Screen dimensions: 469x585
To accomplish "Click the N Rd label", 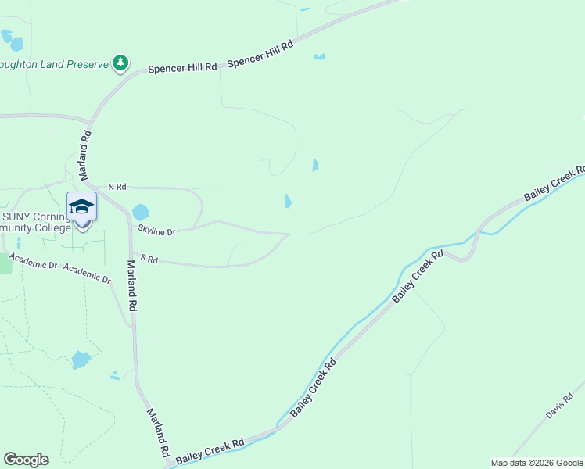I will point(117,187).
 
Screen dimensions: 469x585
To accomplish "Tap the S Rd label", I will point(149,260).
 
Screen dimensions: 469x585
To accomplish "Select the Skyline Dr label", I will point(156,231).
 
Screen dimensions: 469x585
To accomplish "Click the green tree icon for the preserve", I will point(120,63).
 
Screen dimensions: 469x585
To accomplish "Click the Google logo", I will point(26,460).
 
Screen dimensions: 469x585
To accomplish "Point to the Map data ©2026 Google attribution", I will point(537,463).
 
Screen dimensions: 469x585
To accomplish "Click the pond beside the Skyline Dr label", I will point(140,212).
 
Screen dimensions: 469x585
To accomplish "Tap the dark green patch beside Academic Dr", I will point(5,264).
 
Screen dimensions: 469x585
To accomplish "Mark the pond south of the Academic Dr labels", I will point(81,360).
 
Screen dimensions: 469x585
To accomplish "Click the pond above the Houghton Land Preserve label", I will point(11,39).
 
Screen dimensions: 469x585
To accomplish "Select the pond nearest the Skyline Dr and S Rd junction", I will point(288,201).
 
